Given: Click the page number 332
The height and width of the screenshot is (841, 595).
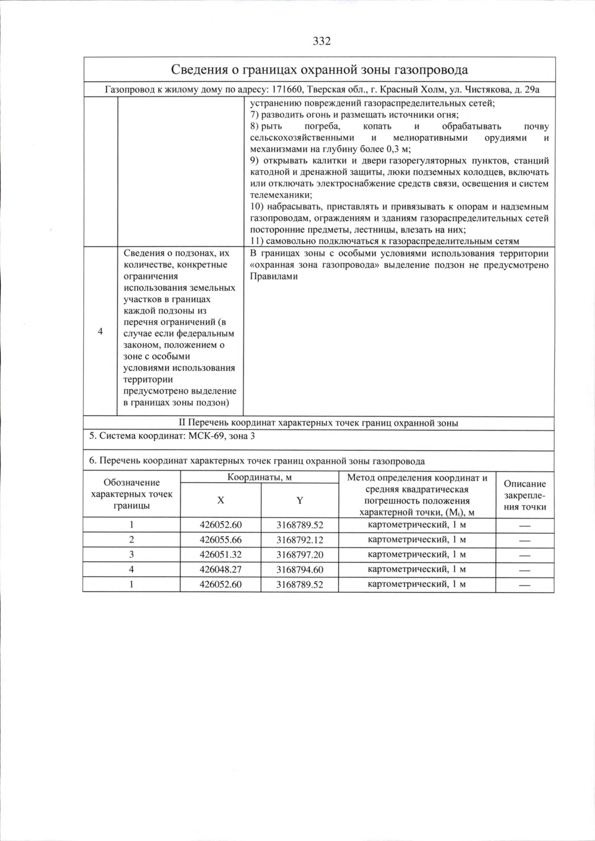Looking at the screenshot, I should tap(322, 41).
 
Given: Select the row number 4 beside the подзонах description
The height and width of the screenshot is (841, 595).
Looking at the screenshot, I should tap(100, 331).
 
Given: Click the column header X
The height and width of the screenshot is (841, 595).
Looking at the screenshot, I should tap(220, 500).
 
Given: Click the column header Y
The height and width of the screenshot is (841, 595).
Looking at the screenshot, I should tap(299, 500).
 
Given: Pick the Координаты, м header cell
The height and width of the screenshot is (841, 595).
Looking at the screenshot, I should tap(259, 477).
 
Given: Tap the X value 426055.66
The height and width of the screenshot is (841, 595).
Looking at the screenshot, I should tap(221, 539).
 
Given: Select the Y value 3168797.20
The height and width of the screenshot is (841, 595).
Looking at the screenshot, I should tap(299, 554).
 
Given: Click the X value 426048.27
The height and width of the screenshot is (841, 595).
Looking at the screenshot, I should tap(221, 569).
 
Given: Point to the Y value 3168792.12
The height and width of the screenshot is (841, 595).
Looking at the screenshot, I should tap(299, 539).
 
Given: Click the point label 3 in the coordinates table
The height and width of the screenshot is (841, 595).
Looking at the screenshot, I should tap(131, 554).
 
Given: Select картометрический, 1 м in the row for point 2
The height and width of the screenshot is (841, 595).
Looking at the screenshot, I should tap(416, 539).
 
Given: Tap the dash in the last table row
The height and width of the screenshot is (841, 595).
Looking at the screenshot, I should tap(525, 585).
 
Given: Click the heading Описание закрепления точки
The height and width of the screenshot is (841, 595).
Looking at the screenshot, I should tap(525, 495).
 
